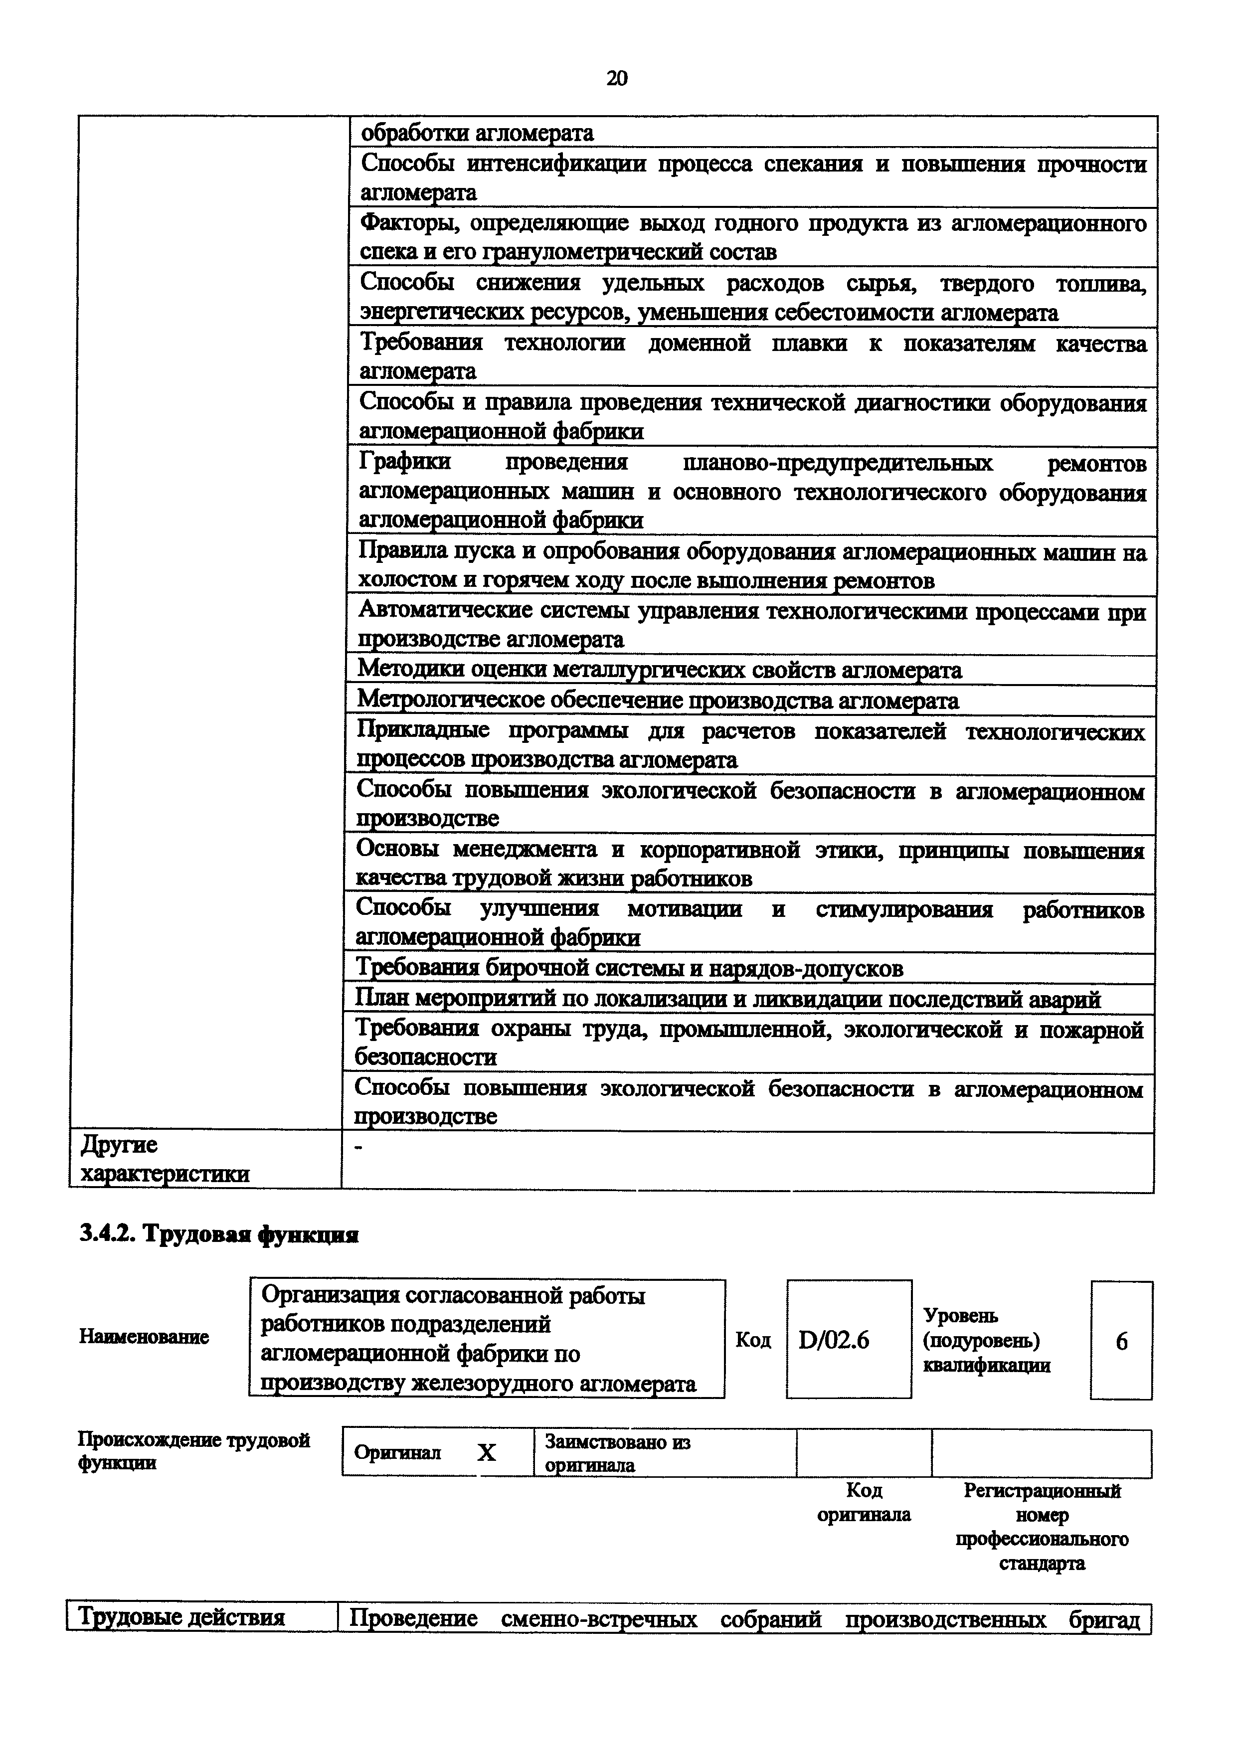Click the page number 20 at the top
617,78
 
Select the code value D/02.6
834,1340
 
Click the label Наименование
144,1337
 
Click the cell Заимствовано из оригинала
617,1453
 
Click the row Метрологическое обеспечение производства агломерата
658,700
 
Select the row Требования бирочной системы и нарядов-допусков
630,968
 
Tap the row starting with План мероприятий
728,998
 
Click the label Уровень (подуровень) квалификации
986,1340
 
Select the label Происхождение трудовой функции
194,1451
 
